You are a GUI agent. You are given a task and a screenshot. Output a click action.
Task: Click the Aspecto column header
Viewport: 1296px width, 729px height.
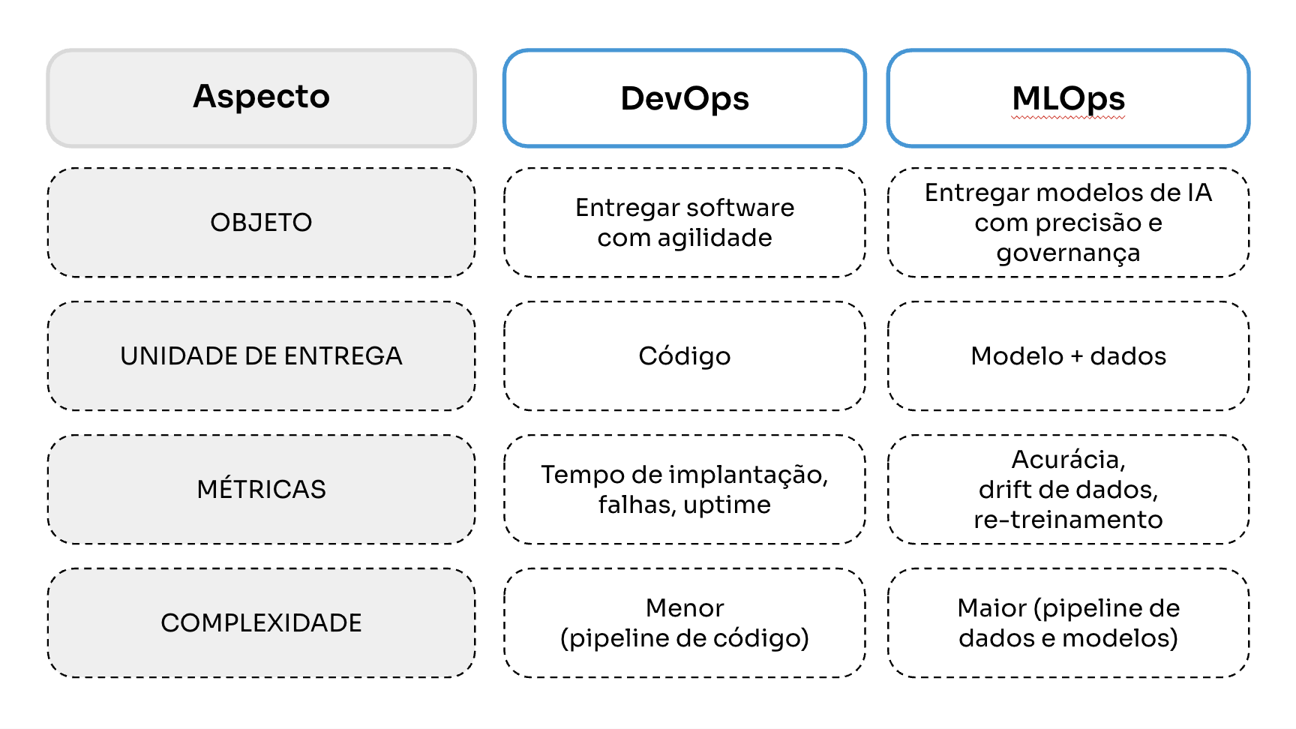(x=261, y=97)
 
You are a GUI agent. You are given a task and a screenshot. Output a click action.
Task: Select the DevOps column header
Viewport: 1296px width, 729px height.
(x=684, y=99)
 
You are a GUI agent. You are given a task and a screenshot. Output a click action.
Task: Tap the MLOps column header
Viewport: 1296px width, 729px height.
(x=1068, y=99)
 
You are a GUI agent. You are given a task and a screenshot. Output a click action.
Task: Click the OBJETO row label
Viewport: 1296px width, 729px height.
(x=261, y=223)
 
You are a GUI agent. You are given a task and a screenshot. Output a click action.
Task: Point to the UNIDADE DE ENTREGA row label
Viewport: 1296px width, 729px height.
(x=261, y=356)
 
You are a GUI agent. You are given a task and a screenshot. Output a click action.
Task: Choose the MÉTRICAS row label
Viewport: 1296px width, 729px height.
(x=261, y=490)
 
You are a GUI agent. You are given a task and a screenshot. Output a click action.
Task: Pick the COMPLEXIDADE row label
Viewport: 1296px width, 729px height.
(x=261, y=623)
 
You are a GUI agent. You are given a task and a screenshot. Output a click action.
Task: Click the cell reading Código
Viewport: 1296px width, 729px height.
(x=684, y=356)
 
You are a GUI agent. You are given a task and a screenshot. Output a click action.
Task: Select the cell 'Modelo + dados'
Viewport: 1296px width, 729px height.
(x=1068, y=356)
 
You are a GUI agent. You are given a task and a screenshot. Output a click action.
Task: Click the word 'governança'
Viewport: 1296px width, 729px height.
(x=1068, y=253)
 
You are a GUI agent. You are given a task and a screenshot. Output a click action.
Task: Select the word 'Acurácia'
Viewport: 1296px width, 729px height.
(x=1066, y=459)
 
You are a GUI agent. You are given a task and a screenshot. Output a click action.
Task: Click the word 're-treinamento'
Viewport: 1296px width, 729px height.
(x=1068, y=520)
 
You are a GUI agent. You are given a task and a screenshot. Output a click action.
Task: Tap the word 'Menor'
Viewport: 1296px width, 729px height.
(x=684, y=608)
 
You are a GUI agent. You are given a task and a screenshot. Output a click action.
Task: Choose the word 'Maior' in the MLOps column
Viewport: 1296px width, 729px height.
(x=991, y=608)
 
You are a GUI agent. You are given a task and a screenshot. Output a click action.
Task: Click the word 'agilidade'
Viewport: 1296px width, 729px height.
(x=715, y=238)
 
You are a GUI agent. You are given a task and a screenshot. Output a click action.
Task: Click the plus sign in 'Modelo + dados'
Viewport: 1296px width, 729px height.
(x=1076, y=357)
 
